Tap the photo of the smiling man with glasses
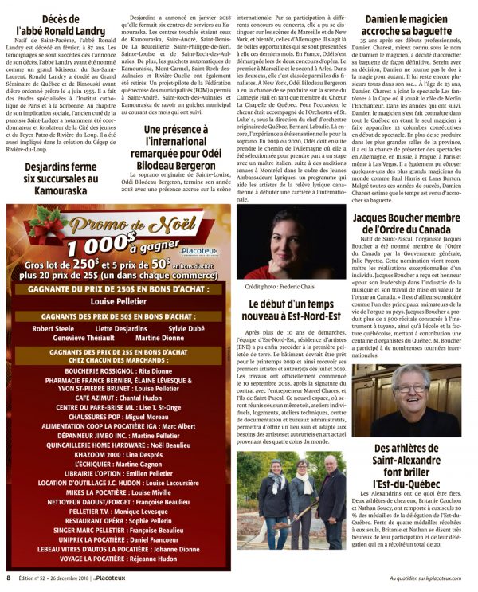click(406, 400)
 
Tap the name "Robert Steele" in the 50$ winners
click(53, 328)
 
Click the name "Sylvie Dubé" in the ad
click(185, 328)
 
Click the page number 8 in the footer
click(9, 578)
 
